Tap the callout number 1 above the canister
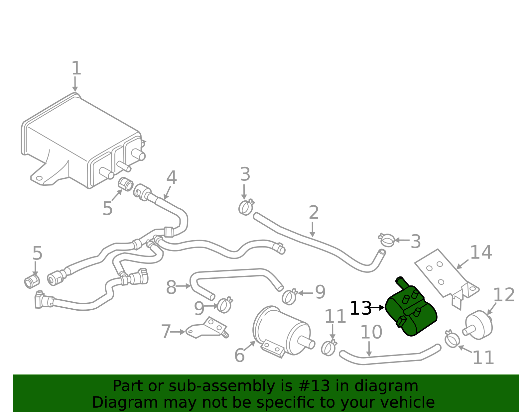pos(76,68)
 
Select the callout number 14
pos(480,253)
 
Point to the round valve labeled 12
pos(479,325)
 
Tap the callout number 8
pos(171,288)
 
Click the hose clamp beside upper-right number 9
pos(289,297)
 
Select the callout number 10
pos(371,332)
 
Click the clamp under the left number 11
pos(329,348)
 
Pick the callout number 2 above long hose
pos(314,213)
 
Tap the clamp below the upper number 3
pos(246,207)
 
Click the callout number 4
pos(172,178)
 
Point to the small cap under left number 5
pos(32,281)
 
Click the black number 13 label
pos(360,308)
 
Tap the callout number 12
pos(503,295)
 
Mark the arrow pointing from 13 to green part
pos(378,308)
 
